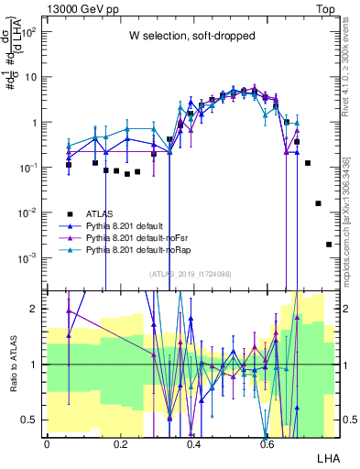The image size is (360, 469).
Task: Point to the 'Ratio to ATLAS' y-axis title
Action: [12, 365]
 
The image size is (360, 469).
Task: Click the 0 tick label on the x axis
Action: [47, 444]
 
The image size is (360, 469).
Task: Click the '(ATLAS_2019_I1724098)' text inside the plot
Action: [191, 273]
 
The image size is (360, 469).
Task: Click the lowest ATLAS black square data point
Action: [329, 245]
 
